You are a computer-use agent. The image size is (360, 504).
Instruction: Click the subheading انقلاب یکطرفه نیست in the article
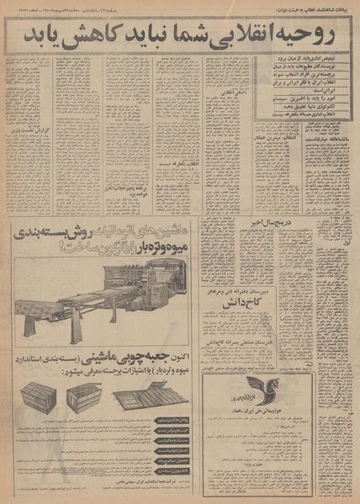[x=134, y=184]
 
